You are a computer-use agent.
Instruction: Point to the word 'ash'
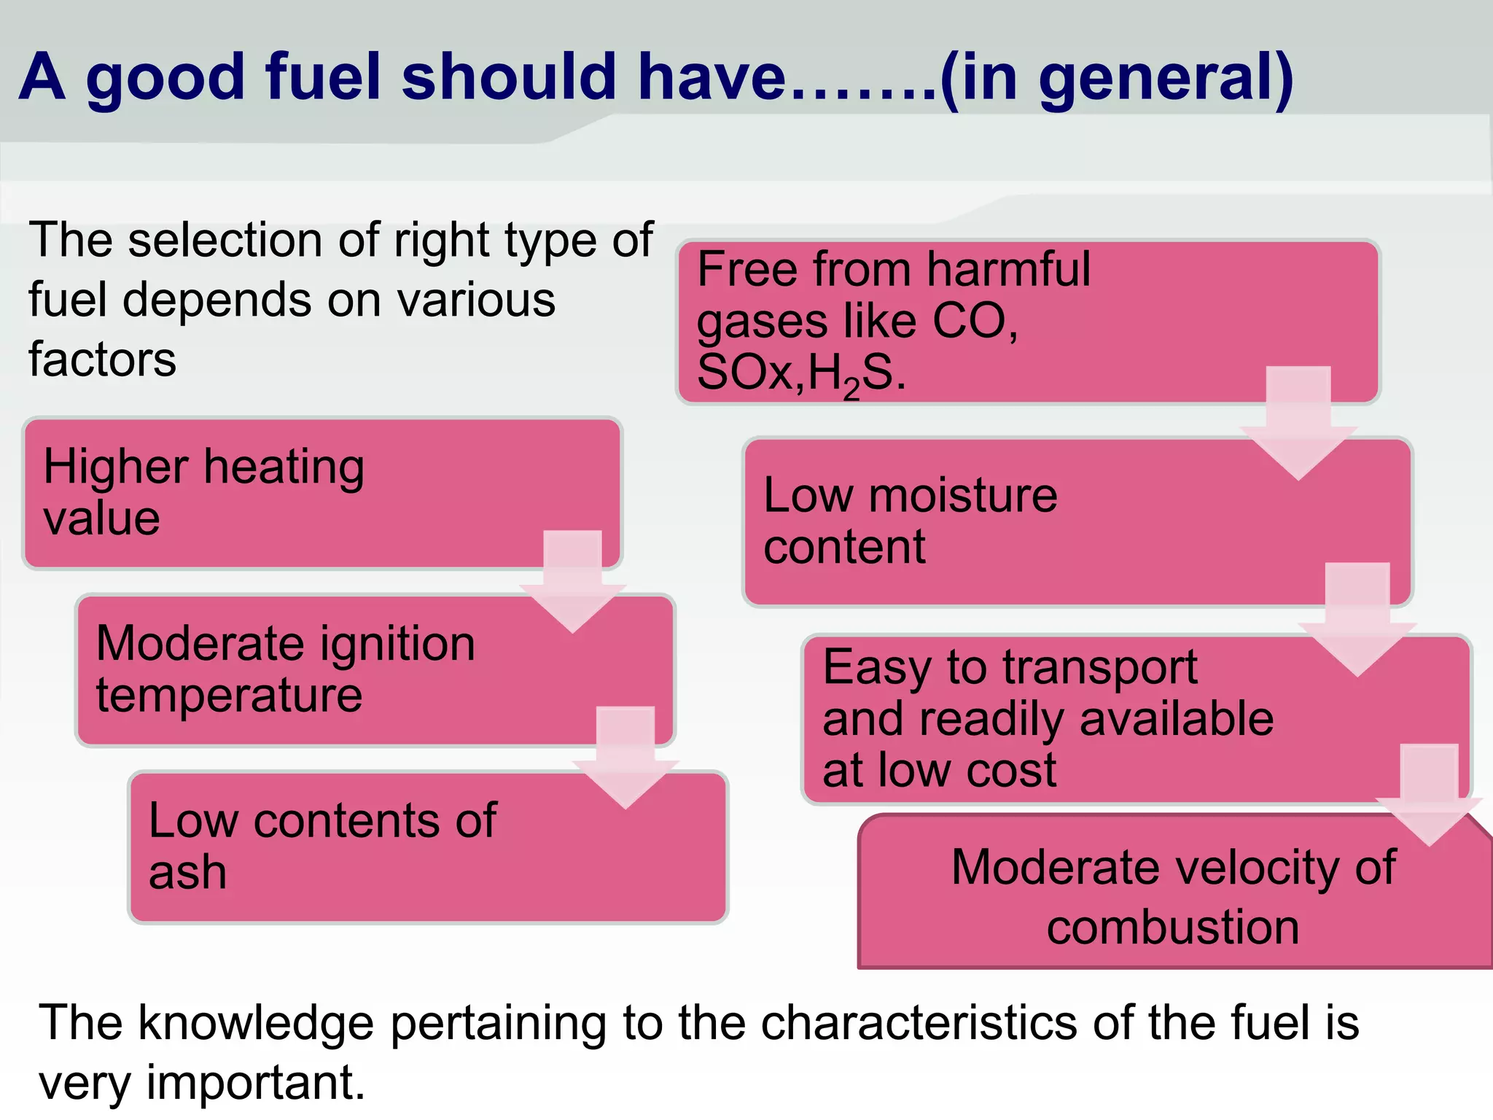pyautogui.click(x=187, y=873)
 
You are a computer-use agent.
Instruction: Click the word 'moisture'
pyautogui.click(x=963, y=496)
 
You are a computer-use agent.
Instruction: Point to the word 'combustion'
pyautogui.click(x=1173, y=927)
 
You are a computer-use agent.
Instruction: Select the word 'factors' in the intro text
pyautogui.click(x=102, y=360)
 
